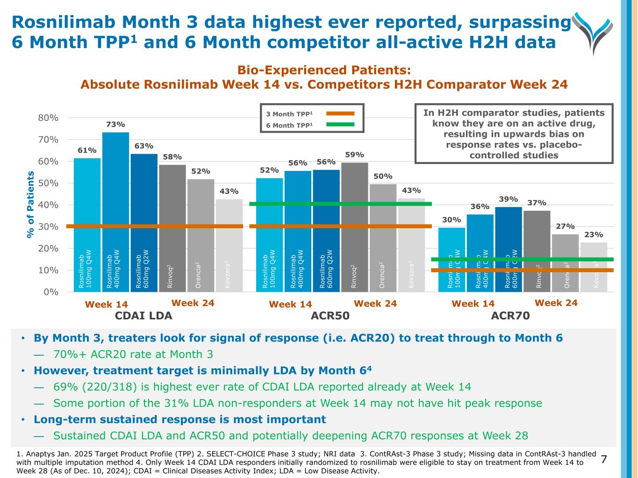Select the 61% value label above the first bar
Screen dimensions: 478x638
point(87,150)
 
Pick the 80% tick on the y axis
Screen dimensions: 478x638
point(48,118)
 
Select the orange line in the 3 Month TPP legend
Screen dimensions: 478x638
point(340,113)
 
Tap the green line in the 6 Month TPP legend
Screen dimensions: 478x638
point(340,125)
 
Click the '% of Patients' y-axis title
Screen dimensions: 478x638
point(31,204)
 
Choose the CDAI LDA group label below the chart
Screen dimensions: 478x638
point(143,316)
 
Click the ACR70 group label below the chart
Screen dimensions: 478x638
point(510,316)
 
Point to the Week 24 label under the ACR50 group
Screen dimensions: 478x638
point(375,304)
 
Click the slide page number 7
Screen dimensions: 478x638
point(604,459)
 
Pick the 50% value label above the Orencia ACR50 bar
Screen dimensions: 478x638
point(383,176)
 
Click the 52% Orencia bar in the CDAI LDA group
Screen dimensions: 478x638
point(201,233)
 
